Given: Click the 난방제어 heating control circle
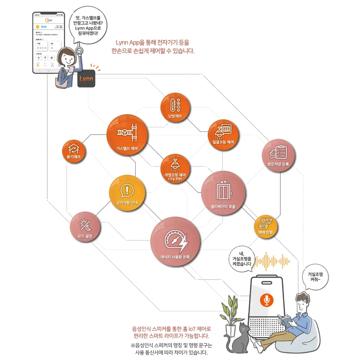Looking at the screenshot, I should (175, 108).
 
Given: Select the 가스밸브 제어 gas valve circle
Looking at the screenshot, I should (127, 135).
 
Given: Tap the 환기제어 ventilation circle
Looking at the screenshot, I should (74, 151).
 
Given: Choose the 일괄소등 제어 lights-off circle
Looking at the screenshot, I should (223, 134).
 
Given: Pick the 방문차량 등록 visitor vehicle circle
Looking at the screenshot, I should (278, 155).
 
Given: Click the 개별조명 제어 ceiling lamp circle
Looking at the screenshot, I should (175, 169).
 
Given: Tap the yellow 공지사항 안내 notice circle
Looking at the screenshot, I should (127, 193).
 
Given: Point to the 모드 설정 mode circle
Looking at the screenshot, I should (85, 227).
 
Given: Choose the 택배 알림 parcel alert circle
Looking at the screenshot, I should (266, 226).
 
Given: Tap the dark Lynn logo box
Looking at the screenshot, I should (86, 79).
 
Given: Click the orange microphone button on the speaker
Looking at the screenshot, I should (266, 300).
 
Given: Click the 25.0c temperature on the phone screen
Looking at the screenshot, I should (44, 27).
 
